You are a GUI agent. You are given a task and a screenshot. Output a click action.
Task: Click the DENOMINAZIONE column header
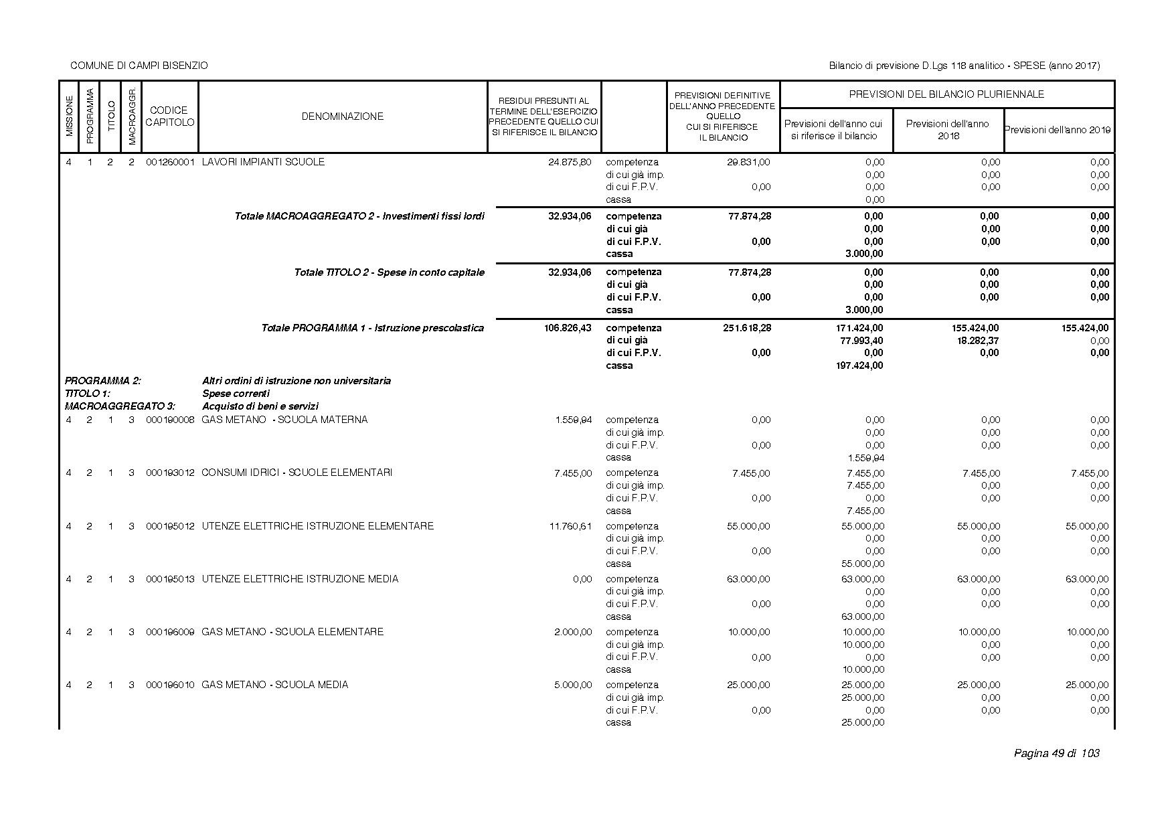[x=342, y=116]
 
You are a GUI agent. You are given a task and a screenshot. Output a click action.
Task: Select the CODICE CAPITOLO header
[x=169, y=116]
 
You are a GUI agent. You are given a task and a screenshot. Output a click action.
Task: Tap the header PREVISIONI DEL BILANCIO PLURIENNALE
[x=946, y=94]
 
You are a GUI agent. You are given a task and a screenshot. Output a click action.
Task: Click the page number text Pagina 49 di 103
[x=1056, y=754]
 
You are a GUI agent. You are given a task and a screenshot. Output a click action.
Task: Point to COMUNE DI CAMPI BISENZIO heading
[x=139, y=66]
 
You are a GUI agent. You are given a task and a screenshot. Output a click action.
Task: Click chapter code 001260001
[x=170, y=162]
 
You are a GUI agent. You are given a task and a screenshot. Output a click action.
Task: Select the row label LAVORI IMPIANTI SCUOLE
[x=263, y=162]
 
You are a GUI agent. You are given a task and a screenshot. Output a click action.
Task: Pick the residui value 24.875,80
[x=570, y=162]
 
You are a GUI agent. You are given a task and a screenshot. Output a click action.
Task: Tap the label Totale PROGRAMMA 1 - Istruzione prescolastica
[x=372, y=328]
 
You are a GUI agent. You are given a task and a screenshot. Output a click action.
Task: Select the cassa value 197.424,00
[x=859, y=365]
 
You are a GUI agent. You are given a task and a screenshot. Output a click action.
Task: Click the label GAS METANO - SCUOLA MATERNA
[x=284, y=420]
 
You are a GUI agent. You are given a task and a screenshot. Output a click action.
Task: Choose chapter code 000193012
[x=170, y=473]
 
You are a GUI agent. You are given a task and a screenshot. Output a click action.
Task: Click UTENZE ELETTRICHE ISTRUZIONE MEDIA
[x=300, y=579]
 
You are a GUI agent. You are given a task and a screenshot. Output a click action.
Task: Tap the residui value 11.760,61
[x=570, y=526]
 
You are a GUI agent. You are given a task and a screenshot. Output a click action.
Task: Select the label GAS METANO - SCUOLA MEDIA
[x=274, y=685]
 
